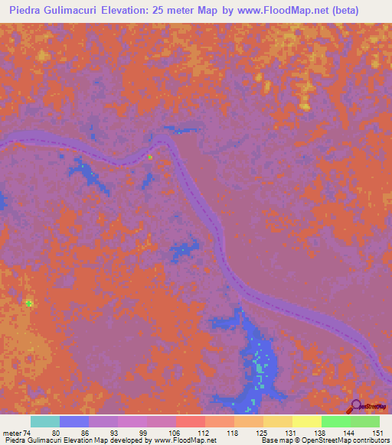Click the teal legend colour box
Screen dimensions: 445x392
click(x=45, y=421)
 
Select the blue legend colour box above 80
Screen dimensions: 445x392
click(x=74, y=421)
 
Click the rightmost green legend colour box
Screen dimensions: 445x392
click(x=365, y=421)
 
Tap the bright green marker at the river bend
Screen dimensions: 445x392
click(x=150, y=157)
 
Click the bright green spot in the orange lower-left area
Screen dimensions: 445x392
click(x=29, y=304)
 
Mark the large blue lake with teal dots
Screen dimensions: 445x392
click(x=256, y=359)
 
